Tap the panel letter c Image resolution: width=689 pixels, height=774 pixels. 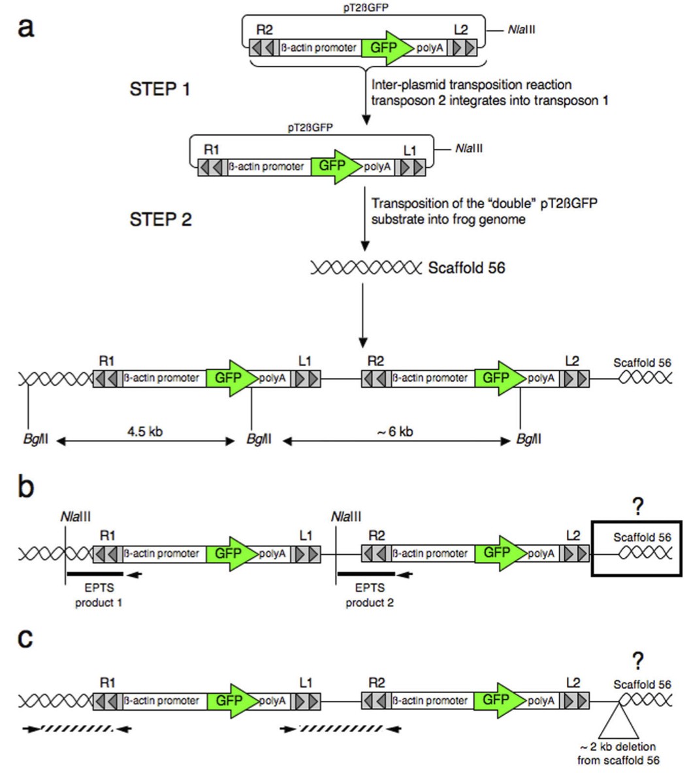pos(25,638)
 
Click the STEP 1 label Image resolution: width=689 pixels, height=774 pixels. pos(160,89)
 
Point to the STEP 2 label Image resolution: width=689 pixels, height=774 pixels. pos(160,219)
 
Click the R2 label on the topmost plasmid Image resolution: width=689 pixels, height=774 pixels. pos(264,31)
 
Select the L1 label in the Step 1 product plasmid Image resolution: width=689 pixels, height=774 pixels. pos(409,151)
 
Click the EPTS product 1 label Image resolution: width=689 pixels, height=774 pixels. pos(99,596)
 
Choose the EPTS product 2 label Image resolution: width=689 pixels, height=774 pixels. pos(370,596)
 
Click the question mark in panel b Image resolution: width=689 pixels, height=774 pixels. pos(638,508)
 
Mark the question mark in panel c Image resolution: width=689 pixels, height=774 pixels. pos(638,660)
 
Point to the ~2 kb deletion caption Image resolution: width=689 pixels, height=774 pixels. pos(618,753)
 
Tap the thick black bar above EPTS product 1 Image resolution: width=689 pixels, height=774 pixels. pos(95,574)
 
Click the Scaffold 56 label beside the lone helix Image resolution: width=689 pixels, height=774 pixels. pos(466,268)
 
